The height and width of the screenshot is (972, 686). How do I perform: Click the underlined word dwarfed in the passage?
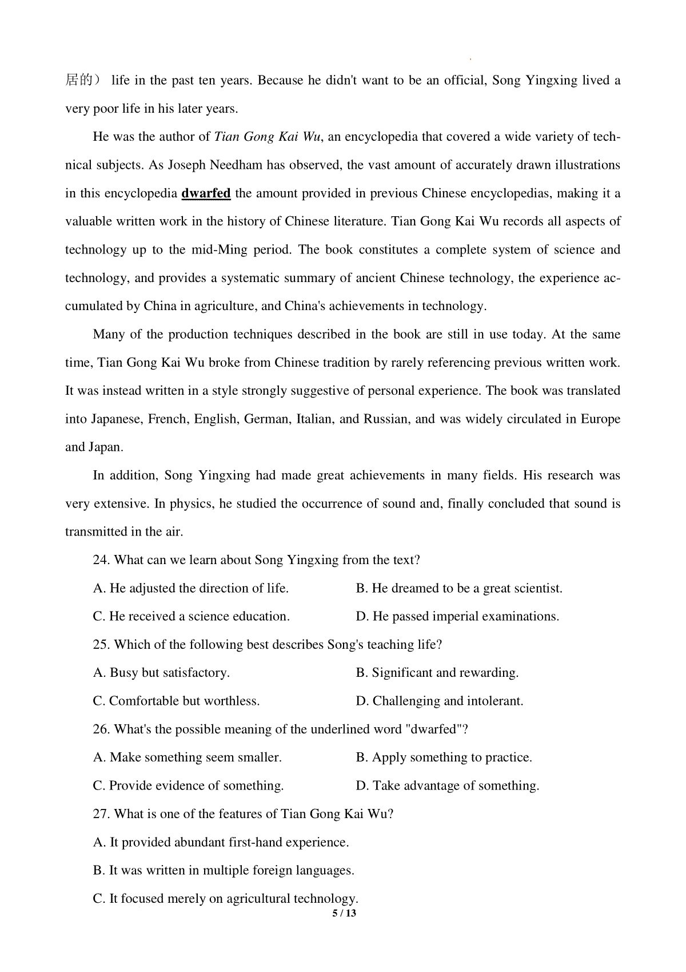click(x=206, y=193)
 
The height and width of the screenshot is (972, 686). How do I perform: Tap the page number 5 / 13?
click(x=344, y=913)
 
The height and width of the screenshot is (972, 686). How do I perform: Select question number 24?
click(x=101, y=560)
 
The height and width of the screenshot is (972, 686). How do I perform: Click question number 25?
click(x=101, y=645)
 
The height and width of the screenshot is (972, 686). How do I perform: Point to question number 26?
click(x=101, y=729)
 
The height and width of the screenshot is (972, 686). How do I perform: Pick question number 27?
click(x=101, y=814)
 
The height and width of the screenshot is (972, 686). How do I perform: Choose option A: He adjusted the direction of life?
click(x=191, y=588)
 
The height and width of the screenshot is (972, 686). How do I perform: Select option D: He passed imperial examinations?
click(x=457, y=617)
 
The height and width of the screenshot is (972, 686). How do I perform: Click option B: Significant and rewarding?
click(x=437, y=673)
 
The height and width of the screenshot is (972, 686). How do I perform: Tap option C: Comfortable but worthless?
click(x=177, y=701)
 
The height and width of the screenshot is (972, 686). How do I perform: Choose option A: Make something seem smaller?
click(x=188, y=757)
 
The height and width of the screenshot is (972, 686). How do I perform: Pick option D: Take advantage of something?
click(x=448, y=786)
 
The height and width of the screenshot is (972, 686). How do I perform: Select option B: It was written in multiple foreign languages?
click(x=224, y=871)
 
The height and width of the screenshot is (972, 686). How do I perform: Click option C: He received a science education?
click(x=192, y=617)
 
